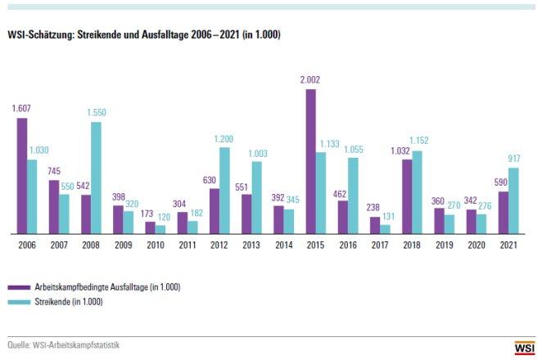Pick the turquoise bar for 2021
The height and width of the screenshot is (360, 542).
[513, 200]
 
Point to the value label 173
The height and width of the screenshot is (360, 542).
[148, 214]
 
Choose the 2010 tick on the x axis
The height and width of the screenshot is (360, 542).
[156, 243]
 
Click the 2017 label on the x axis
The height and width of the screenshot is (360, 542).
[380, 243]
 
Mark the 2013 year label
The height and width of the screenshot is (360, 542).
[252, 243]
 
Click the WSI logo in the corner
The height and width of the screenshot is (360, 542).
[524, 348]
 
